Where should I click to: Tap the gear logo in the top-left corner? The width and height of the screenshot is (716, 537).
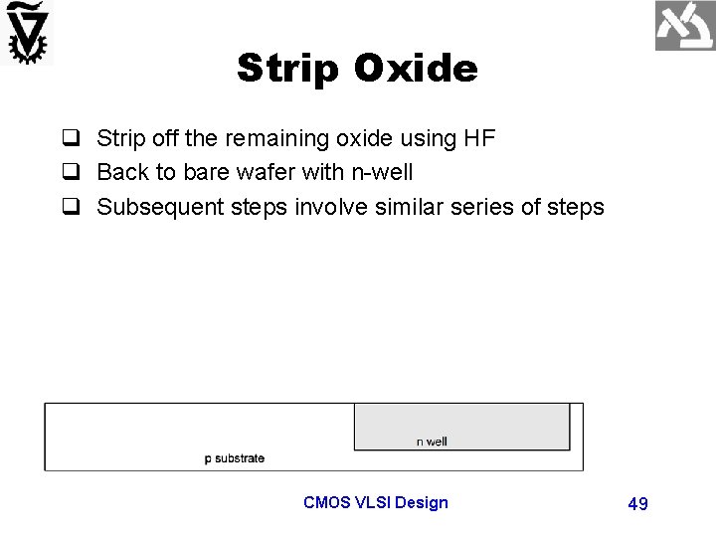click(x=28, y=32)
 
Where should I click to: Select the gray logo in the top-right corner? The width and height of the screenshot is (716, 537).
click(x=684, y=26)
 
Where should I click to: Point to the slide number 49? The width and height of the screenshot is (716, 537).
click(x=637, y=504)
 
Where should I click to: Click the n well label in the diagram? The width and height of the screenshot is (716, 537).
click(x=432, y=442)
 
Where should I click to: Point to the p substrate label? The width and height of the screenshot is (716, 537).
click(x=235, y=458)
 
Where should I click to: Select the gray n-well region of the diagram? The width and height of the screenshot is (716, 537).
click(x=461, y=422)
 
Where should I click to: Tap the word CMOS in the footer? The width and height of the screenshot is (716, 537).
click(x=325, y=502)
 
